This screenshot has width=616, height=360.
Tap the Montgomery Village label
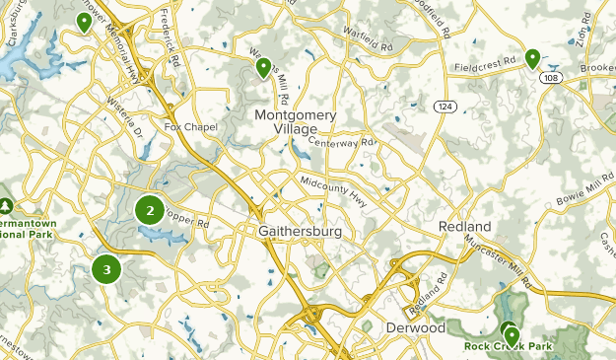click(x=296, y=122)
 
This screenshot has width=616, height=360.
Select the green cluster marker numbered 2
click(x=150, y=209)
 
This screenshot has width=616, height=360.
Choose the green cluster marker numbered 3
click(x=106, y=267)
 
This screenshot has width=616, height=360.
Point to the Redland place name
click(x=465, y=227)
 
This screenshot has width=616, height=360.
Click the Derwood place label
click(x=417, y=327)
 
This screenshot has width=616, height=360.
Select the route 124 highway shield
click(x=445, y=107)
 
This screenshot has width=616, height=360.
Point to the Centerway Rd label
click(x=343, y=142)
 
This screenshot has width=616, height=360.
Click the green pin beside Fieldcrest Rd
click(x=532, y=59)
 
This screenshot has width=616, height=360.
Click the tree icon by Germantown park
click(x=6, y=205)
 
